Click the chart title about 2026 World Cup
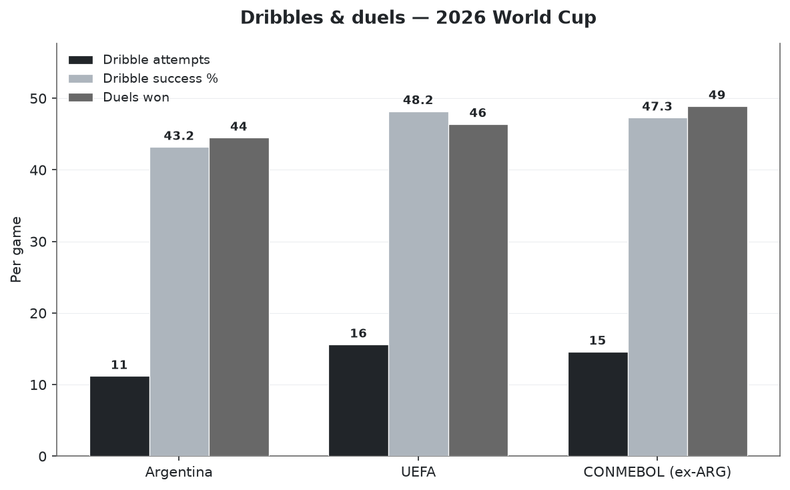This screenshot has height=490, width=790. tap(418, 17)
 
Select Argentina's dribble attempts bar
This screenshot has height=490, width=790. tap(120, 417)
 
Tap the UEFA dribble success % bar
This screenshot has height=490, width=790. tap(418, 284)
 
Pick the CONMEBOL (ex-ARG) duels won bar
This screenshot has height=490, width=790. tap(717, 281)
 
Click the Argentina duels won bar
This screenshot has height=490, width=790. tap(240, 298)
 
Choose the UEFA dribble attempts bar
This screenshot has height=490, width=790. tap(359, 401)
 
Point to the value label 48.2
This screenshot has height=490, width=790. tap(418, 100)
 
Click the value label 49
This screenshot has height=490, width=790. tap(717, 95)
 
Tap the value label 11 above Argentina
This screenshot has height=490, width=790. tap(119, 365)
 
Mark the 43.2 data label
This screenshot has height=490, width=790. tap(179, 136)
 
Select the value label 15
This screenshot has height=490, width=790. tap(598, 340)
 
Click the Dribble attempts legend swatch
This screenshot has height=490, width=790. tap(81, 60)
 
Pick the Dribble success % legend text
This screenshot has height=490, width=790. tap(160, 79)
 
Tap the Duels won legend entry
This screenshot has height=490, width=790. tap(119, 97)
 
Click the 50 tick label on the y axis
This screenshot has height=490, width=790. tap(38, 99)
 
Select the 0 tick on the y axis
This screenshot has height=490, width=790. tap(42, 457)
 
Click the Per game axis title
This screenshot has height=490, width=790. tap(16, 250)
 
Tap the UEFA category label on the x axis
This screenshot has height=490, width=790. tap(418, 473)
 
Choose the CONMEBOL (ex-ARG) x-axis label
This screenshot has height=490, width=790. tap(657, 473)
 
